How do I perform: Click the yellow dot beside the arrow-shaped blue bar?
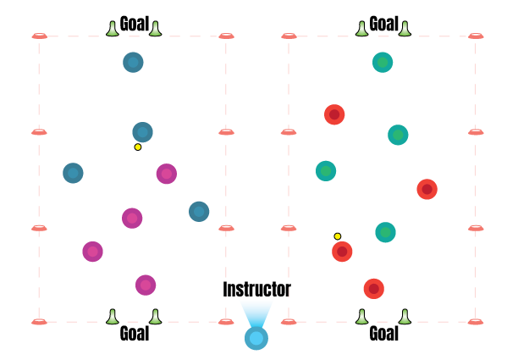point(138,147)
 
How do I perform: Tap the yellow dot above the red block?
point(337,236)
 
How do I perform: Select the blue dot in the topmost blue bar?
point(135,61)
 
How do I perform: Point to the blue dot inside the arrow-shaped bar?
point(142,133)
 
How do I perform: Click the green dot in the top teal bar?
point(383,62)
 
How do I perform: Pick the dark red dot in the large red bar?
point(334,114)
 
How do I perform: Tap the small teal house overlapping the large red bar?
point(400,136)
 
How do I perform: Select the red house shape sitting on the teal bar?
point(427,191)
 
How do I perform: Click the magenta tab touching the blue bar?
point(164,176)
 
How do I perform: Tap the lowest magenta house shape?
point(146,286)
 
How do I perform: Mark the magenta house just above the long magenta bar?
point(133,219)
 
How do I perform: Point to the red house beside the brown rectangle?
point(374,289)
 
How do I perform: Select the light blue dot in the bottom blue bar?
point(256,339)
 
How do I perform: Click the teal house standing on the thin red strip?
point(386,240)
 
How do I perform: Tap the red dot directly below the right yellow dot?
point(340,251)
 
